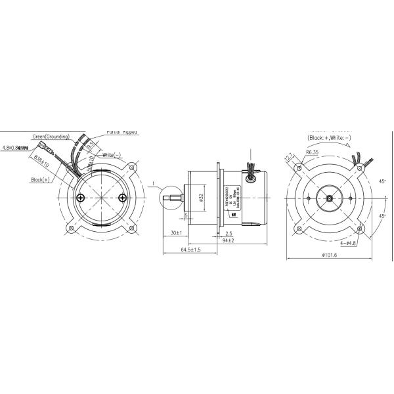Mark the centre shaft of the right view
328,197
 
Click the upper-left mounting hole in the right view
299,168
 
